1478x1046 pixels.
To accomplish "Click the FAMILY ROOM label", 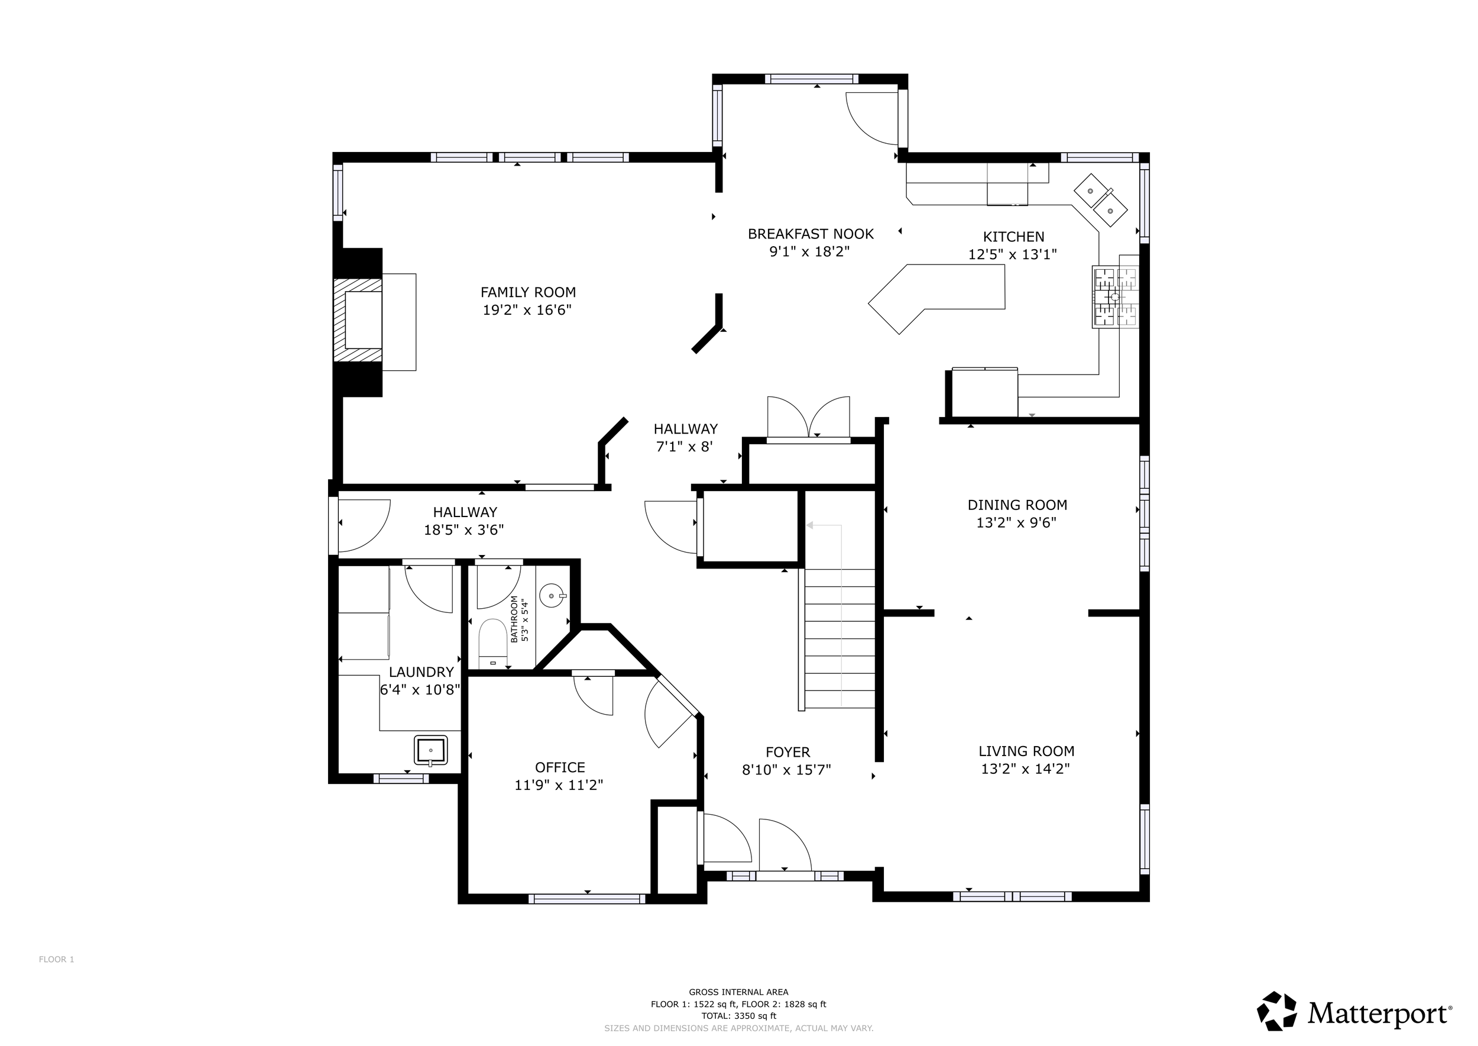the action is tap(528, 292).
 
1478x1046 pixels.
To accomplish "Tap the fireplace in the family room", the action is tap(358, 321).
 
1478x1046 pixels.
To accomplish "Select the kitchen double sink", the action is tap(1100, 199).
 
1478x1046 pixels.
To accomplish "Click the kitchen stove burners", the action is tap(1116, 296).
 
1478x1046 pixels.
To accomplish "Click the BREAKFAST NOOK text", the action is tap(811, 234).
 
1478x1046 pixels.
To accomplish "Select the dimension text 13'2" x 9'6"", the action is tap(1016, 522).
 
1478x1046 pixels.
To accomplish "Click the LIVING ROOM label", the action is tap(1026, 751).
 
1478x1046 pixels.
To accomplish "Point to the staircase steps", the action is tap(840, 638).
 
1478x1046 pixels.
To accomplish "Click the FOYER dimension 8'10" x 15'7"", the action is tap(787, 770).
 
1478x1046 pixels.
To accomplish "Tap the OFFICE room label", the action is tap(560, 767).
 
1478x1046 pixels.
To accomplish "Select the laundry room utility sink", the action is tap(430, 750).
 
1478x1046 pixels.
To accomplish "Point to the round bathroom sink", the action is tap(552, 596).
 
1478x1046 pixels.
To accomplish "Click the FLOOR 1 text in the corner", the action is tap(57, 959).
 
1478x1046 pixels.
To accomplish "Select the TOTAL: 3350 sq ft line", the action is tap(738, 1016).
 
